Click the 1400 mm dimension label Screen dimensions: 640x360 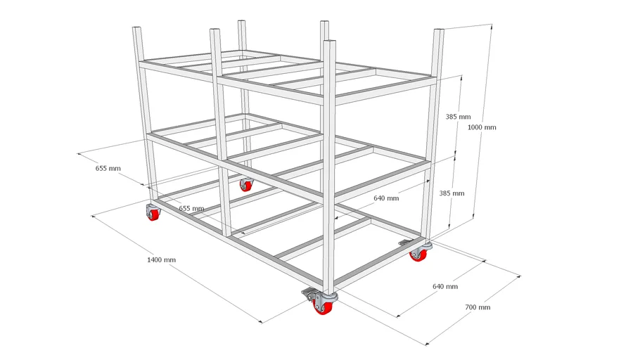[x=161, y=259]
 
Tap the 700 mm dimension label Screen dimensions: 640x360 [x=478, y=307]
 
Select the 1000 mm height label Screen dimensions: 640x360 [x=482, y=127]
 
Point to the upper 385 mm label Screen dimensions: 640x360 [x=458, y=116]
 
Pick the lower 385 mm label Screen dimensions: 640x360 [x=452, y=193]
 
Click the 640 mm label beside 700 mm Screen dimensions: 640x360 [x=445, y=286]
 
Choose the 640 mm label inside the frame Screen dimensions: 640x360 [x=386, y=198]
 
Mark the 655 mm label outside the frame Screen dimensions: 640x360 [x=108, y=168]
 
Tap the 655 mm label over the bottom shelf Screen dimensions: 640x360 [x=191, y=208]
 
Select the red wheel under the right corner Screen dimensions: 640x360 [x=418, y=255]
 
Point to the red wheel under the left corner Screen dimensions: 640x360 [x=154, y=214]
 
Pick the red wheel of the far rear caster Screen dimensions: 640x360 [x=246, y=186]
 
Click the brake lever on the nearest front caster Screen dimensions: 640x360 [x=308, y=292]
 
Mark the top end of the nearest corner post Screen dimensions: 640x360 [x=329, y=41]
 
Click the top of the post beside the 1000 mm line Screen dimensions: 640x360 [x=439, y=30]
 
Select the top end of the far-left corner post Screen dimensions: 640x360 [x=136, y=27]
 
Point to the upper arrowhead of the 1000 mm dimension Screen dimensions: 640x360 [x=492, y=27]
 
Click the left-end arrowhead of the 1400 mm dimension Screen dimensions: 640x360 [x=94, y=217]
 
